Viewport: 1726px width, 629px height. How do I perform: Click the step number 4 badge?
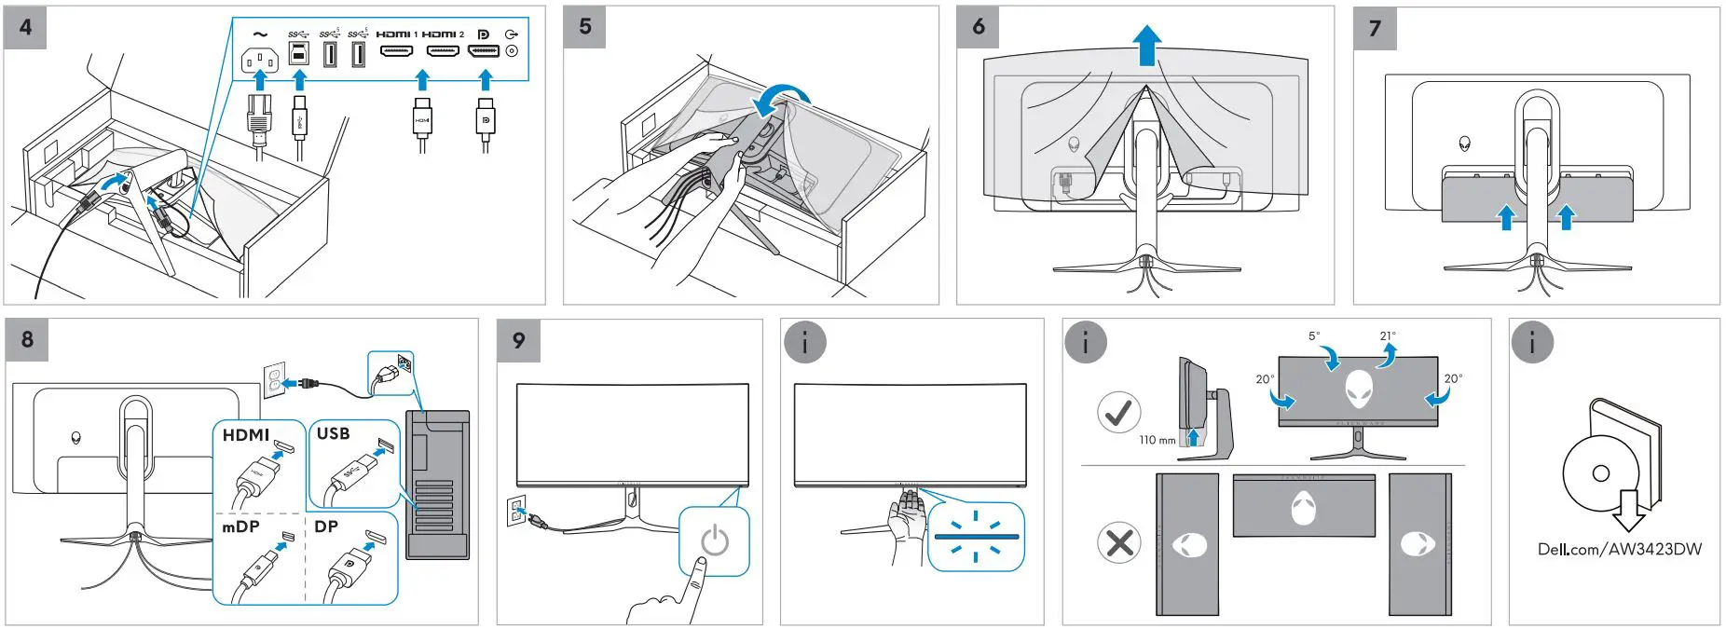pyautogui.click(x=25, y=27)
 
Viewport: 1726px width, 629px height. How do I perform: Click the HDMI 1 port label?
pyautogui.click(x=396, y=34)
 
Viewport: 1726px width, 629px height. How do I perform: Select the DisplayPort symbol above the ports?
pyautogui.click(x=483, y=34)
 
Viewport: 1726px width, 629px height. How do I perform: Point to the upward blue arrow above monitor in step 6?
pyautogui.click(x=1146, y=45)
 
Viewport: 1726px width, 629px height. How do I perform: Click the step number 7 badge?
pyautogui.click(x=1375, y=28)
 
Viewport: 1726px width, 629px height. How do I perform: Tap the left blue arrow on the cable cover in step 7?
pyautogui.click(x=1506, y=217)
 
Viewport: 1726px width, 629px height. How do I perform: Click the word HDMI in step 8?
pyautogui.click(x=245, y=435)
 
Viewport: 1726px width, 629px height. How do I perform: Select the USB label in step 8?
pyautogui.click(x=333, y=433)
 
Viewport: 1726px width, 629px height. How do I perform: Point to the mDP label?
pyautogui.click(x=240, y=527)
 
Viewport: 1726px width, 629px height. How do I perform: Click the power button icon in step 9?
pyautogui.click(x=714, y=540)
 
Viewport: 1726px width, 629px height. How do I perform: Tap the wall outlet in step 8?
pyautogui.click(x=273, y=378)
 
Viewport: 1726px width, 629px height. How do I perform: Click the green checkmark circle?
pyautogui.click(x=1119, y=411)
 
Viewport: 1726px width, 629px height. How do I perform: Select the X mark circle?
pyautogui.click(x=1119, y=542)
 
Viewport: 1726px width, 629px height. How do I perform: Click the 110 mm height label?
pyautogui.click(x=1157, y=440)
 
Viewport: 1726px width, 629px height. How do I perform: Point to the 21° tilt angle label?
pyautogui.click(x=1388, y=336)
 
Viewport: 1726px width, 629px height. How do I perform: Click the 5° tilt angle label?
pyautogui.click(x=1313, y=336)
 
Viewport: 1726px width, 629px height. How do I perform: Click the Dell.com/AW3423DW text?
pyautogui.click(x=1619, y=549)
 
